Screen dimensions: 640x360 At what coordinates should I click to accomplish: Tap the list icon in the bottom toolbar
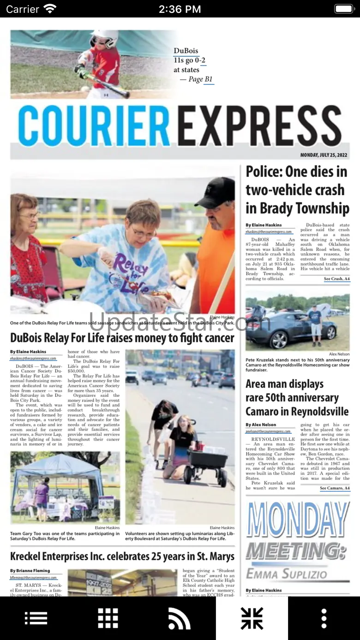pos(36,618)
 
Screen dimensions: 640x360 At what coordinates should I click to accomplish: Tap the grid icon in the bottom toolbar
pos(108,618)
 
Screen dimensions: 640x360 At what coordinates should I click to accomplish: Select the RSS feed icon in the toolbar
pos(180,618)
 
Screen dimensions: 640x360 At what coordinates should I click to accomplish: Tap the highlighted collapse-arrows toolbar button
pos(252,618)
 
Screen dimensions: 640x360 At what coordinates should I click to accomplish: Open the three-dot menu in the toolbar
pos(324,618)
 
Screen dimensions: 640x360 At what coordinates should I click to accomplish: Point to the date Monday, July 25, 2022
pos(324,155)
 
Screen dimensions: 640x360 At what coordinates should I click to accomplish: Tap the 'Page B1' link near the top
pos(202,79)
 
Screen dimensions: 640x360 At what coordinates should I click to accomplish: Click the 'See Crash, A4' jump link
pos(336,279)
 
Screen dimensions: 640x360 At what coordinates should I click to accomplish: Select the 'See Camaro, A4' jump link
pos(335,488)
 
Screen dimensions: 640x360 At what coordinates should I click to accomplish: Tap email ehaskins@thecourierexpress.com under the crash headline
pos(269,232)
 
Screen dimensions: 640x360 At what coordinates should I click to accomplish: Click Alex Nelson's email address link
pos(268,431)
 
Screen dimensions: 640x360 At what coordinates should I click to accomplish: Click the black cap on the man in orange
pos(216,191)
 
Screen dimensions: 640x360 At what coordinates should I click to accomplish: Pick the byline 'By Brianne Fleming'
pos(30,571)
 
